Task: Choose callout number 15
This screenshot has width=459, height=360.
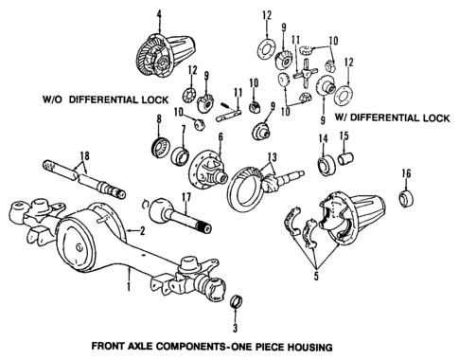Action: click(x=344, y=137)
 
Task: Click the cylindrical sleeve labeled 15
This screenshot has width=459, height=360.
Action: click(x=345, y=158)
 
